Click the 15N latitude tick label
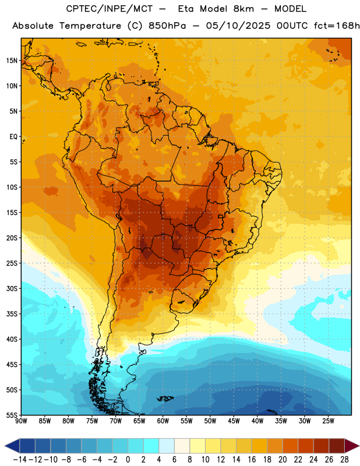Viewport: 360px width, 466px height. tap(12, 61)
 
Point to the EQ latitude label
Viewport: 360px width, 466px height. tap(13, 137)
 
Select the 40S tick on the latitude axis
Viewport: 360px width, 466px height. tap(12, 339)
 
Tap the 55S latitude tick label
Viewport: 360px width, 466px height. tap(12, 415)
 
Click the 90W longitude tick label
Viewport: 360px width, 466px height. tap(21, 421)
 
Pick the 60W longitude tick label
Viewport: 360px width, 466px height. tap(163, 421)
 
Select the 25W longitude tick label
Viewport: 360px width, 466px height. tap(328, 421)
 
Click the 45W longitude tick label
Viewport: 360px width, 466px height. tap(234, 421)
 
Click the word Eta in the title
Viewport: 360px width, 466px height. tap(186, 9)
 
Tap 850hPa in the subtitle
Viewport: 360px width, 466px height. tap(167, 26)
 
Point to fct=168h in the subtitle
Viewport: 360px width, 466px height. tap(337, 26)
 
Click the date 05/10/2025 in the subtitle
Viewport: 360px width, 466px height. tap(238, 26)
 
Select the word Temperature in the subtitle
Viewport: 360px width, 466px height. tap(90, 26)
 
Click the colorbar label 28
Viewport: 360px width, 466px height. tap(344, 460)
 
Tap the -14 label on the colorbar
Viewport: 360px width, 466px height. tap(20, 460)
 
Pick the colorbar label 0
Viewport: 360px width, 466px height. tap(128, 460)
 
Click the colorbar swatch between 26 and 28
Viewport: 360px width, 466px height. tap(337, 446)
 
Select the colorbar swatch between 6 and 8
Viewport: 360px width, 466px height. tap(182, 446)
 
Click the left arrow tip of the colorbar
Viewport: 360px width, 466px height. tap(5, 446)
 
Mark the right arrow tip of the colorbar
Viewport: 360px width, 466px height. tap(359, 446)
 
